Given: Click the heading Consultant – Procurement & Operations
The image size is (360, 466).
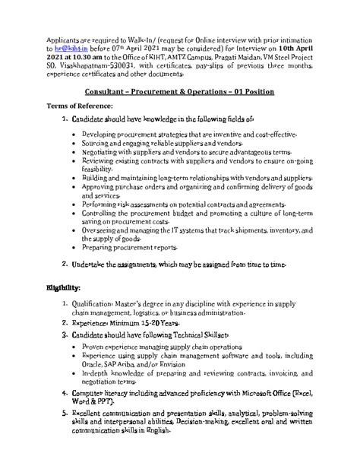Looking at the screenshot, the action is click(179, 91).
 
